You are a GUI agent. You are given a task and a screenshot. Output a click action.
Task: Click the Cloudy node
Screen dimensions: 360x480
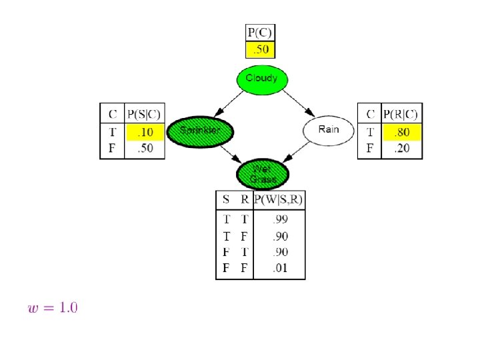pos(261,79)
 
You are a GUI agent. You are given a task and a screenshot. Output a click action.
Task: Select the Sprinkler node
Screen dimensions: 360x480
pos(200,131)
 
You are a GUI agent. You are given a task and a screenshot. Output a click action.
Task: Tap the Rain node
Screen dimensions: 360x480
pos(329,130)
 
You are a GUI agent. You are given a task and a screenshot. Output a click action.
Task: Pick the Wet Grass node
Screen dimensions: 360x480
pos(263,174)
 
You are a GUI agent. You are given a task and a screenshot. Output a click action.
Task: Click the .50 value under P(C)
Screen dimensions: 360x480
pos(260,49)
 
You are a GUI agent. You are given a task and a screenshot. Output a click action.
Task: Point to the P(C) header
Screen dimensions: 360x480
pos(260,32)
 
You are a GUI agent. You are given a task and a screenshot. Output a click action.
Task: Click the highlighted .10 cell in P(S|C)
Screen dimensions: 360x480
pos(145,132)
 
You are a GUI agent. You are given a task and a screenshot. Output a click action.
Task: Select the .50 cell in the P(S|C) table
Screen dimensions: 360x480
pos(145,148)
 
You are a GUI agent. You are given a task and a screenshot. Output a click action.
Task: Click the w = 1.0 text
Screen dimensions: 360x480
pos(53,308)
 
